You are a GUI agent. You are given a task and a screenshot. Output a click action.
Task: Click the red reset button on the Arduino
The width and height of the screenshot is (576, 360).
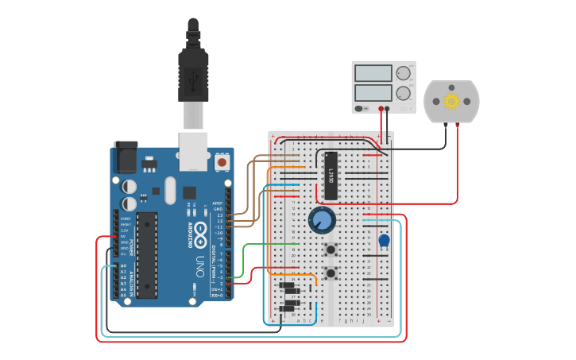pos(222,162)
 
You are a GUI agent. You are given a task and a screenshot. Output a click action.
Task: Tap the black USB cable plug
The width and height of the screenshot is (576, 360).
pos(192,72)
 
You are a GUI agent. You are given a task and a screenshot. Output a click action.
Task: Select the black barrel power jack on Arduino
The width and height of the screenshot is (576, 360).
pos(125,157)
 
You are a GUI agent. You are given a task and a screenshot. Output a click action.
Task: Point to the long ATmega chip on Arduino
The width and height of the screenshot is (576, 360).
pos(147,254)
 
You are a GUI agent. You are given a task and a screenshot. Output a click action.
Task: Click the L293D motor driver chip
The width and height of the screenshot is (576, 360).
pos(331,175)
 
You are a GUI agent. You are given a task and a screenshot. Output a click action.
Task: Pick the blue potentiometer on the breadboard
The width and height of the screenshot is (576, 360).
pos(322,220)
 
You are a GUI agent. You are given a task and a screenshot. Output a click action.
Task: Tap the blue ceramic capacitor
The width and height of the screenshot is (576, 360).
pos(384,241)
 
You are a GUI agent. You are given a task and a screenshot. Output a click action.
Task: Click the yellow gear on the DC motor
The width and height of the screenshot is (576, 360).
pos(451,101)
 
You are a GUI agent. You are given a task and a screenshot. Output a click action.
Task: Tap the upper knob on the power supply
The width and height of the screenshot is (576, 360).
pos(403,73)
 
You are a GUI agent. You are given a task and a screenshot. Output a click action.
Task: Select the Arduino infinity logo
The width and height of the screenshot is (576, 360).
pos(199,233)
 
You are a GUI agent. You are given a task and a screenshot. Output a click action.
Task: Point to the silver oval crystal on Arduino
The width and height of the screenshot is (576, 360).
pos(169,191)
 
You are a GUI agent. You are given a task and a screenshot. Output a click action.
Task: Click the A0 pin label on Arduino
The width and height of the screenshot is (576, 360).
pos(122,265)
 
